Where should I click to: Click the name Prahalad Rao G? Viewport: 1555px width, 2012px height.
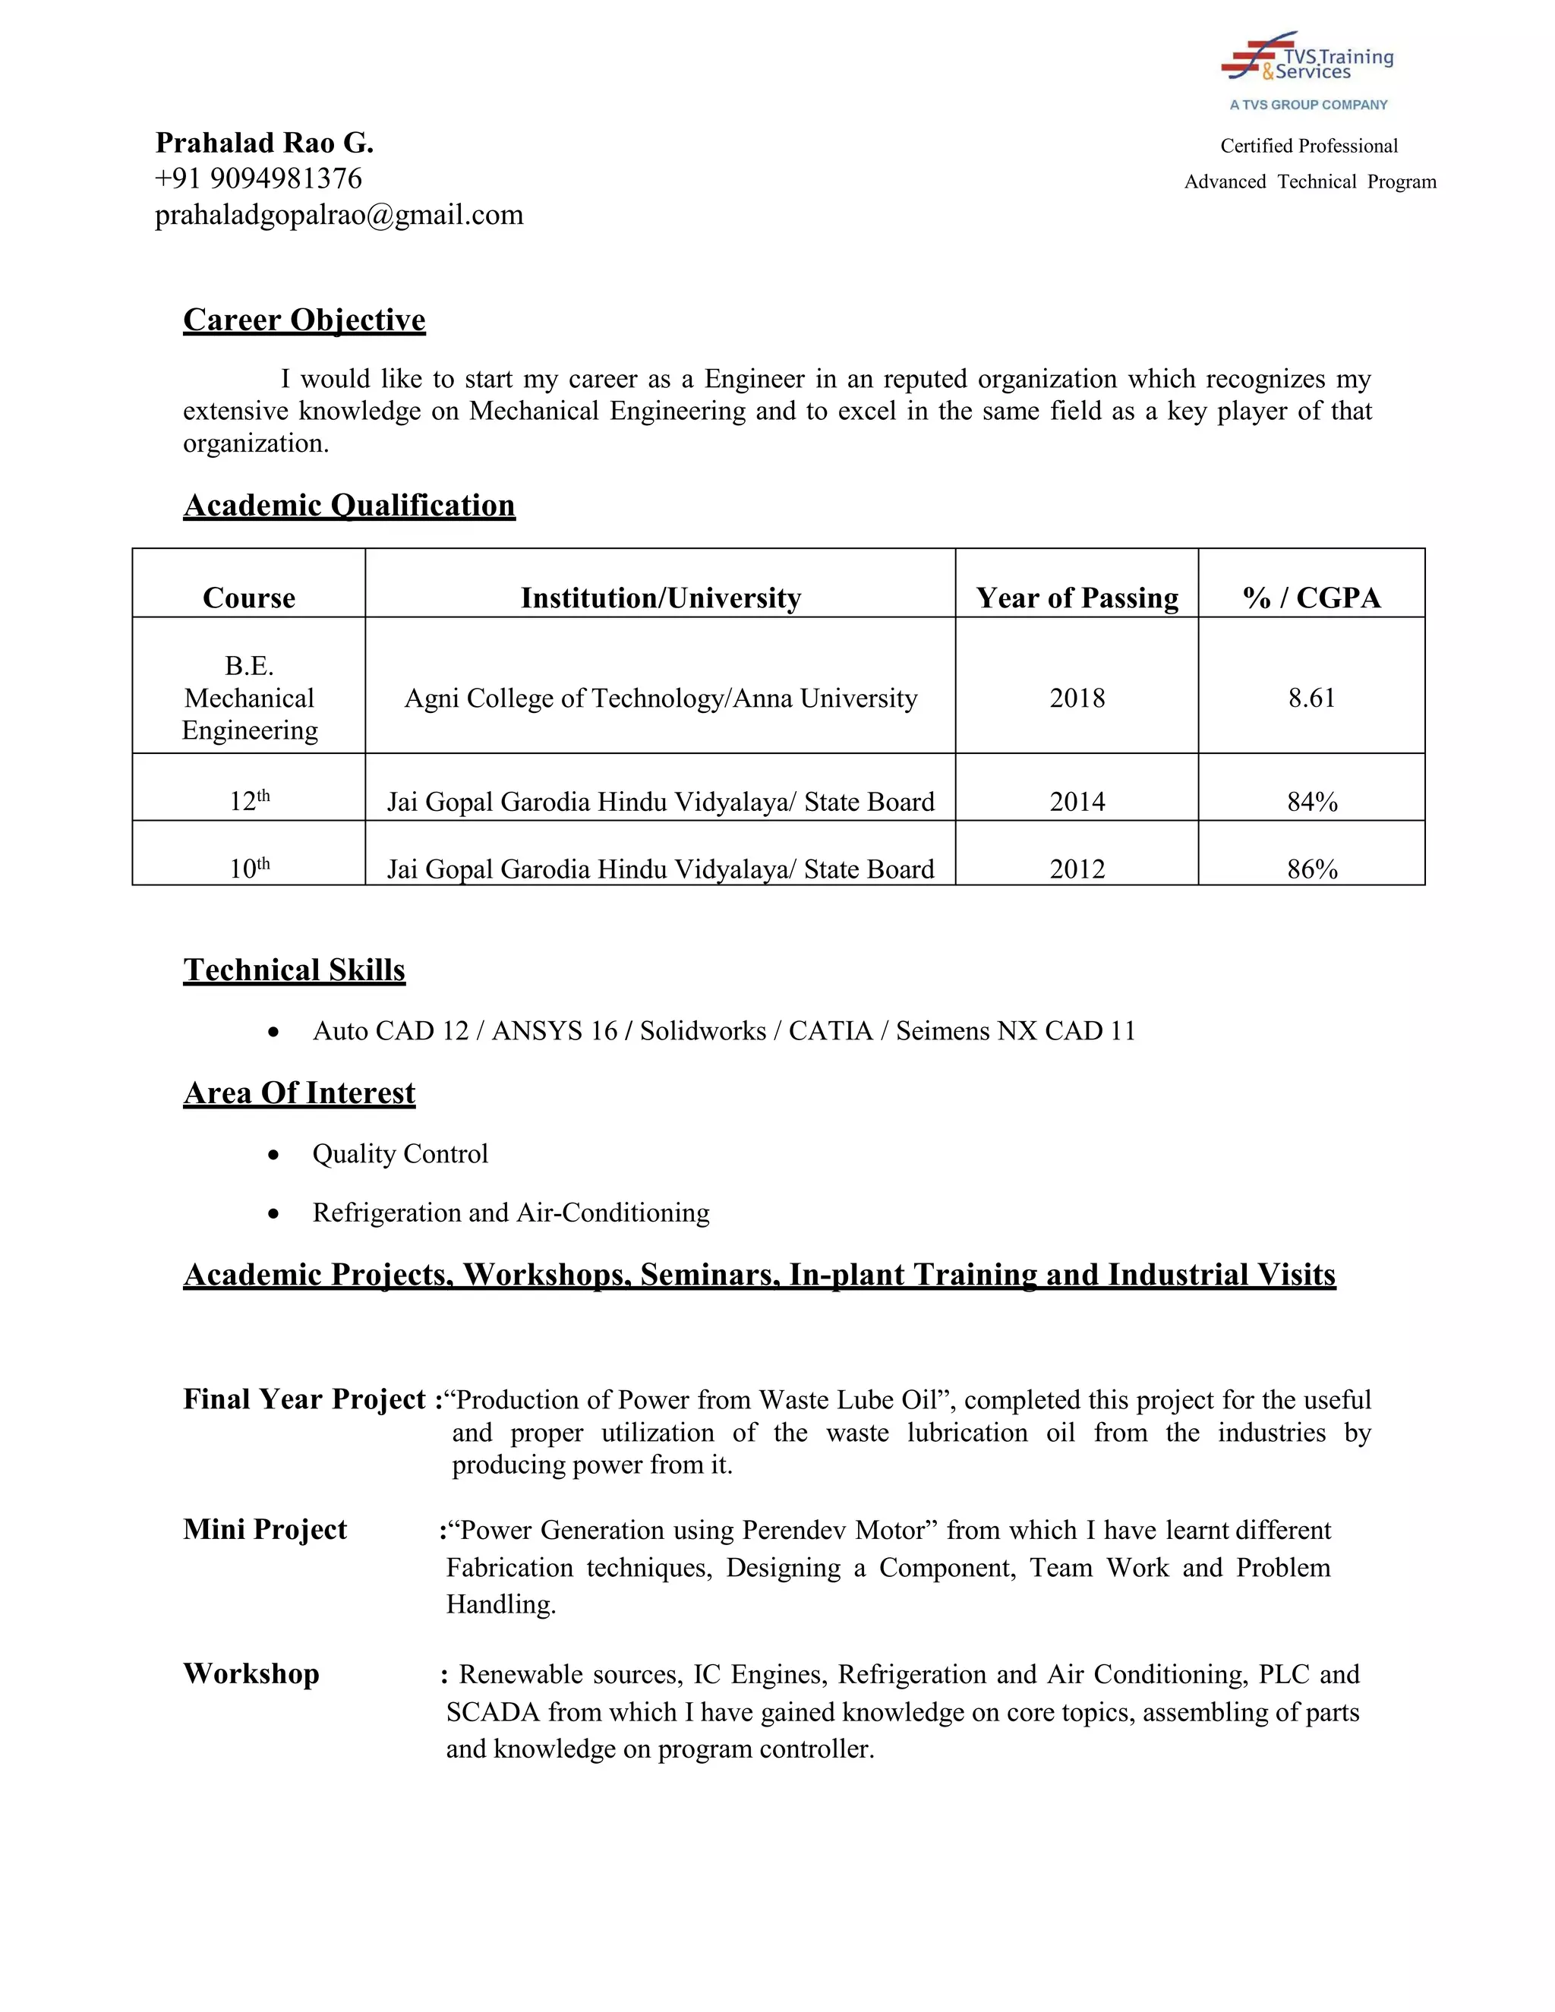click(x=264, y=143)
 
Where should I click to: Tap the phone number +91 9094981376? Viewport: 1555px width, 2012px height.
click(x=258, y=178)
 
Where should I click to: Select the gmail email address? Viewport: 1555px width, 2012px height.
click(x=339, y=215)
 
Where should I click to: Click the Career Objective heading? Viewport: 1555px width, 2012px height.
click(x=304, y=320)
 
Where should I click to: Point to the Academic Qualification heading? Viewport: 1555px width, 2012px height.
click(x=349, y=505)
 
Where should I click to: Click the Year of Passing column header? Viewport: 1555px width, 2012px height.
click(x=1077, y=598)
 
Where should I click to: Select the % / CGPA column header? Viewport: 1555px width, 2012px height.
click(x=1311, y=598)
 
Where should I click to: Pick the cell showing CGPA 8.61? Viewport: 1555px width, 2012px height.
click(x=1311, y=698)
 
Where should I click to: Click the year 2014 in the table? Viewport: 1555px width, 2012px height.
click(x=1077, y=802)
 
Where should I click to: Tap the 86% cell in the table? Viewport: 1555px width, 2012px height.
click(x=1312, y=869)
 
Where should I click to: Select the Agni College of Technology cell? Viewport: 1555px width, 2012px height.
click(x=661, y=698)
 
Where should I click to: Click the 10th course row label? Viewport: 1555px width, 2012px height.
click(x=249, y=869)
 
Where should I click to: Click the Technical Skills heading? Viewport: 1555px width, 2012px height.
click(x=294, y=970)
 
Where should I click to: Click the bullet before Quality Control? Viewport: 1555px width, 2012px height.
click(x=273, y=1156)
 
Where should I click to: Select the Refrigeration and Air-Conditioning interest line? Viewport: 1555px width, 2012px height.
click(x=510, y=1213)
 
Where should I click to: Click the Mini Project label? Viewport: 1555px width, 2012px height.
click(x=264, y=1529)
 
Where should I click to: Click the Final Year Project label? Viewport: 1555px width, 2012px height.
click(x=304, y=1399)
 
